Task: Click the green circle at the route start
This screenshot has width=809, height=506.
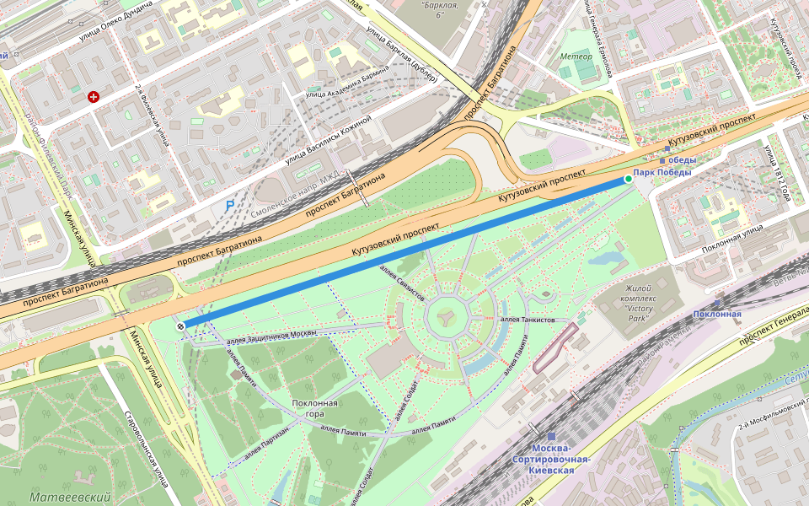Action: pyautogui.click(x=628, y=179)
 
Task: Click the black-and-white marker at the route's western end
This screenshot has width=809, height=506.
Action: pyautogui.click(x=181, y=326)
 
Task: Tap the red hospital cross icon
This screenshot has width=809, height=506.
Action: pyautogui.click(x=94, y=97)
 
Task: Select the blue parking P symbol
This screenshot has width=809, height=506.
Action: pyautogui.click(x=229, y=205)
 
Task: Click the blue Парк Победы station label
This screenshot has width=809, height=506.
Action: pyautogui.click(x=662, y=172)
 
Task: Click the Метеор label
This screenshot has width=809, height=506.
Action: pyautogui.click(x=576, y=57)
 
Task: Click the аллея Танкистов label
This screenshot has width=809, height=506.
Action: pyautogui.click(x=528, y=320)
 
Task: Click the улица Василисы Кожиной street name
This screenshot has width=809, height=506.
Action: pyautogui.click(x=328, y=140)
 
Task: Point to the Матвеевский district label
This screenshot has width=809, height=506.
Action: pyautogui.click(x=71, y=498)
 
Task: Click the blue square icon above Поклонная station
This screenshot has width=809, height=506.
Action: pyautogui.click(x=717, y=301)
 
